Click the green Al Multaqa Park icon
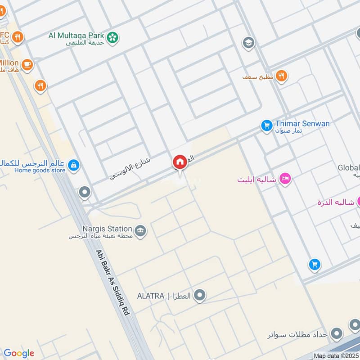click(x=113, y=36)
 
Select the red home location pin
click(x=180, y=162)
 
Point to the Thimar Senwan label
click(x=302, y=123)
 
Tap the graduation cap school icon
click(x=248, y=43)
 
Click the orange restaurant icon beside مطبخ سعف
click(x=282, y=76)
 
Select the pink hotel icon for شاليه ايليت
click(x=285, y=179)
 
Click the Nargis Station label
click(x=107, y=229)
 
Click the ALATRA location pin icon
click(x=201, y=296)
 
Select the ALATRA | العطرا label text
click(x=164, y=296)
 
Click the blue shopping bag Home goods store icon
click(x=73, y=166)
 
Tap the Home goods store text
click(x=40, y=170)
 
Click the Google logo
click(x=18, y=353)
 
